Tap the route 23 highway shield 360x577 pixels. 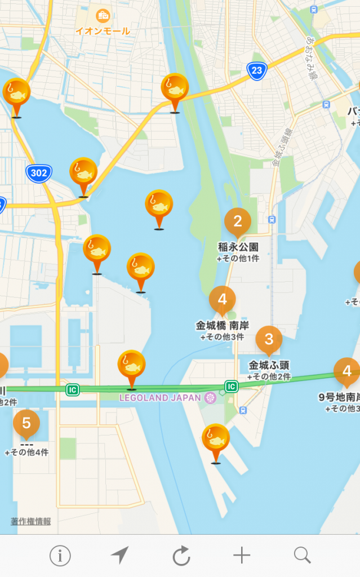click(x=256, y=70)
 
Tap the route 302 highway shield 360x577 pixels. click(x=39, y=173)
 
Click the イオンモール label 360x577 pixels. click(x=103, y=31)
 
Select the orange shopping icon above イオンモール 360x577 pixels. click(x=103, y=16)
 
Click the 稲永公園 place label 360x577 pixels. click(x=238, y=247)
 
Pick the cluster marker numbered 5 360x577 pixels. click(x=26, y=423)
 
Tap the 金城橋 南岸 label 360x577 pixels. click(x=223, y=325)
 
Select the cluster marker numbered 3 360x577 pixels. click(x=269, y=339)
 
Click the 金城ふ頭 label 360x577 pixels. click(x=269, y=365)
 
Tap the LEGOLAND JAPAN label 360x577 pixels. click(x=160, y=398)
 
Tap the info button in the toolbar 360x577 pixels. click(x=60, y=556)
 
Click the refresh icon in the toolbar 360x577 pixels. click(x=181, y=556)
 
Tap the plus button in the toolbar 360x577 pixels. click(x=242, y=556)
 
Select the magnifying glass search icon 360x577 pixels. click(x=302, y=556)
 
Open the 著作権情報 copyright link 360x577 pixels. click(x=30, y=521)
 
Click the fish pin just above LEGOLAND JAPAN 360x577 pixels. click(x=131, y=366)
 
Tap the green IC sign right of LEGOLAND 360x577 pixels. click(x=231, y=387)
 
